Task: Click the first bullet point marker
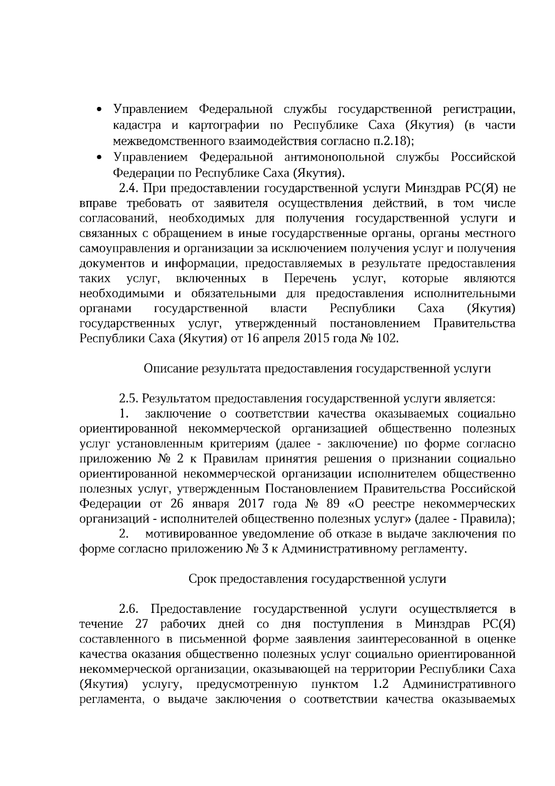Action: pos(99,110)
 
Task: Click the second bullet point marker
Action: pos(99,158)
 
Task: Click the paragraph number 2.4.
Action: pos(129,188)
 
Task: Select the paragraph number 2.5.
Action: pos(129,399)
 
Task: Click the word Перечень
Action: pos(310,279)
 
